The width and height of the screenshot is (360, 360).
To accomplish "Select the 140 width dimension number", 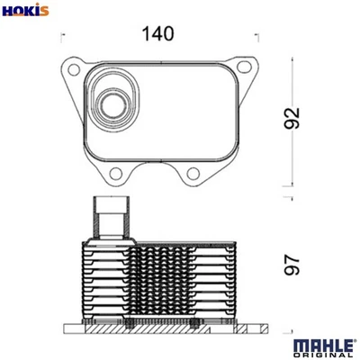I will click(x=157, y=33).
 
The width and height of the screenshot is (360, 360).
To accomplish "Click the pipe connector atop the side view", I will click(x=110, y=219).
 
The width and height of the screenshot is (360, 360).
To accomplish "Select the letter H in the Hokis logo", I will click(x=7, y=11).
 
